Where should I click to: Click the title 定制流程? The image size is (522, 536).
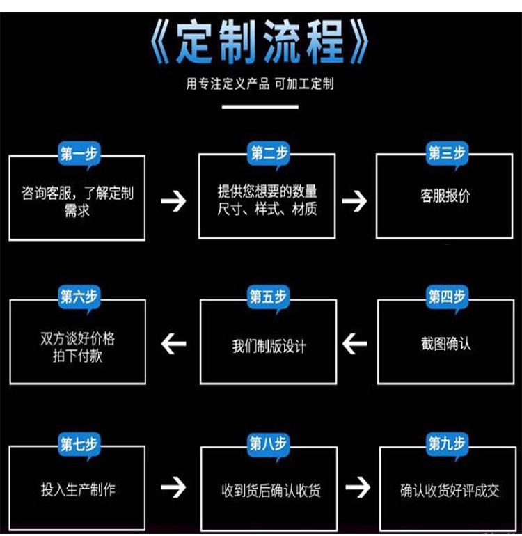point(260,42)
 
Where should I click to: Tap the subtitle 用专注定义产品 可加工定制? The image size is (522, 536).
point(260,84)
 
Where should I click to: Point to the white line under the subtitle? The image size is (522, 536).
point(260,107)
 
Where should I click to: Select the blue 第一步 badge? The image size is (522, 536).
point(79,154)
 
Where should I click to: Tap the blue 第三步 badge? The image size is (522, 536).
point(446,154)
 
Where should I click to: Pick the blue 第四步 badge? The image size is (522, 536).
point(446,297)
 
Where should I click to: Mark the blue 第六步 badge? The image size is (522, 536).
point(79,297)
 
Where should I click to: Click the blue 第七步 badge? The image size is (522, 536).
point(79,444)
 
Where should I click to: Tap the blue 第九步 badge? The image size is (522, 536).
point(446,444)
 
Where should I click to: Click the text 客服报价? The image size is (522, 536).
point(445,196)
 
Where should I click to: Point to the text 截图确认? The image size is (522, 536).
point(445,344)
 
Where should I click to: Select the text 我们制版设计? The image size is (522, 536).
point(269,346)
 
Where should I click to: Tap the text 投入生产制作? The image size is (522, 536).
point(78,489)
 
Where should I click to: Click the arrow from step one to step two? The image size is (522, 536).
point(173,201)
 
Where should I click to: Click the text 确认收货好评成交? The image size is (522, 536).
point(450,490)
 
